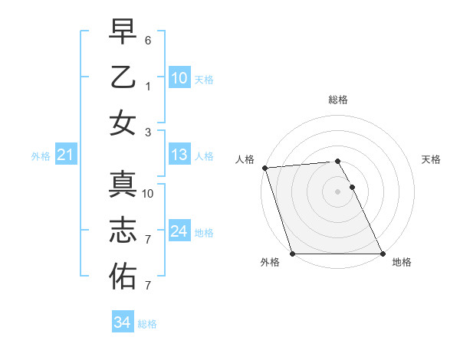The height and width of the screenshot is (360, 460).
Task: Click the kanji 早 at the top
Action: [123, 32]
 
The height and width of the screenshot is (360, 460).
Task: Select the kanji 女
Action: [123, 123]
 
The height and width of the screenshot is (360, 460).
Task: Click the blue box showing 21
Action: [65, 155]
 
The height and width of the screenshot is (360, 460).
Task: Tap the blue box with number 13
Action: [179, 155]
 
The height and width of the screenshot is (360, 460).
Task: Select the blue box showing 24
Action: [179, 231]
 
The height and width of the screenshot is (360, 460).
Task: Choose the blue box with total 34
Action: [123, 322]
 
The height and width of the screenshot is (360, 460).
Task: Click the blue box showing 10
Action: [179, 77]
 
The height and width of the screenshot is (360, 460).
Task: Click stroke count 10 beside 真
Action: [148, 194]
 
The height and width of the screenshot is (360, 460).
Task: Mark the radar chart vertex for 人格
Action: [264, 168]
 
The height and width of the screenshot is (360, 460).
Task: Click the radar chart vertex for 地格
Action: [382, 254]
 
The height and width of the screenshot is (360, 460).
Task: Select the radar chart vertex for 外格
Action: [293, 254]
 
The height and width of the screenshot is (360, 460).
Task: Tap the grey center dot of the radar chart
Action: [337, 191]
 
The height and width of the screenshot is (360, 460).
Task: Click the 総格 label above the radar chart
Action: [338, 100]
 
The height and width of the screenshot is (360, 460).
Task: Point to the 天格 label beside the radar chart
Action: [431, 159]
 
